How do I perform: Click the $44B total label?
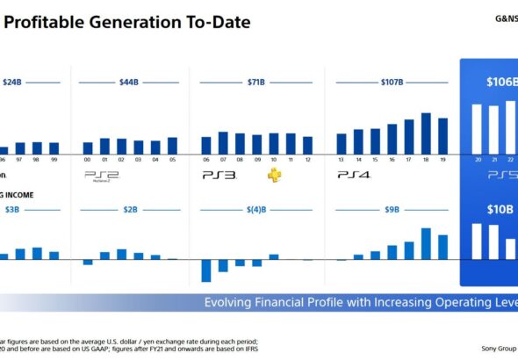129,82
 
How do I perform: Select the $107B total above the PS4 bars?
391,82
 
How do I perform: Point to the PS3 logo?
219,176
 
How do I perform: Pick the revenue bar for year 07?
223,143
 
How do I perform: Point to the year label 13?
342,161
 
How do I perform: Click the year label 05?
172,161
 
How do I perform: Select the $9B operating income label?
392,210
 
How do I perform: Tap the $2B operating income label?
129,210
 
